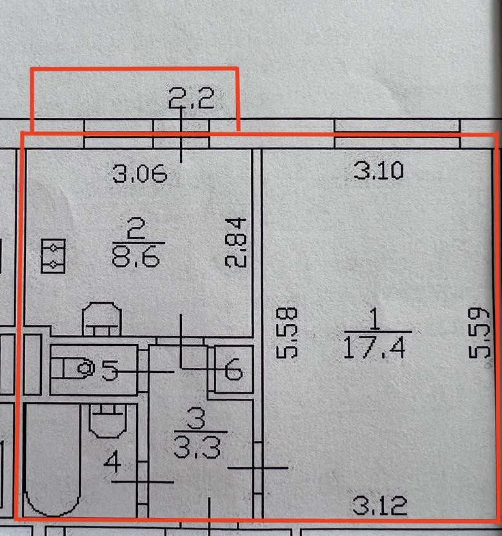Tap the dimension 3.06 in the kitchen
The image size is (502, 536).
[x=140, y=173]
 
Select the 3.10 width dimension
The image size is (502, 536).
[x=379, y=171]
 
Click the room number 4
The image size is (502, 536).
[x=114, y=462]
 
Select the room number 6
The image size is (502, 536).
[x=233, y=372]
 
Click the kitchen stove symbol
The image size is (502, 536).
[x=52, y=254]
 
